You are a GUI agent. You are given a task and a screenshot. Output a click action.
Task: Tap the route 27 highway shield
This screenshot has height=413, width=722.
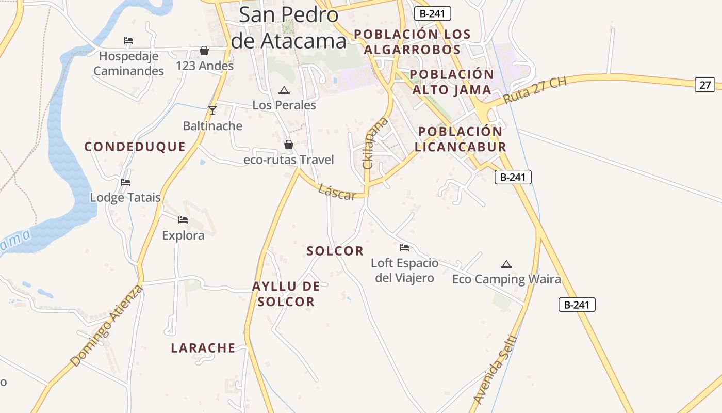tap(704, 84)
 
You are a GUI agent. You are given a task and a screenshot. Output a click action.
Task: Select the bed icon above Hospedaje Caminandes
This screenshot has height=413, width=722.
tap(128, 41)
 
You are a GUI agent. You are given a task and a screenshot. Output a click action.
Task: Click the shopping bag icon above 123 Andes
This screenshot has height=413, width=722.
tap(204, 51)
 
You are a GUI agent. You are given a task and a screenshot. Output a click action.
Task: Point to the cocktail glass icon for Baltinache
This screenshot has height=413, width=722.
tap(212, 110)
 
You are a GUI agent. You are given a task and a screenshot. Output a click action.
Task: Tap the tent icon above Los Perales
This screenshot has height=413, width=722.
tap(284, 91)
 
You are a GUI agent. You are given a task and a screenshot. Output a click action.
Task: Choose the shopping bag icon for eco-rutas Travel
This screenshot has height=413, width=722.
tap(289, 145)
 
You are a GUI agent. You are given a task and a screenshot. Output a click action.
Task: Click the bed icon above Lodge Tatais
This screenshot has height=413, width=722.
tap(125, 182)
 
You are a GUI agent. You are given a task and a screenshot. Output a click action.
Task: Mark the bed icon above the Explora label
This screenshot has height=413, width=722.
tap(183, 220)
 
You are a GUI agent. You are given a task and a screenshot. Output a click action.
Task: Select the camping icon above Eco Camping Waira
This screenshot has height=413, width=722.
tap(506, 265)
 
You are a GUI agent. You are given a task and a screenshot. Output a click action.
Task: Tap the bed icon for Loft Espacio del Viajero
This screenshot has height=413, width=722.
tap(404, 248)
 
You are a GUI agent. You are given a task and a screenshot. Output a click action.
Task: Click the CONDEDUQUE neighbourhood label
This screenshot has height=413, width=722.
tap(135, 147)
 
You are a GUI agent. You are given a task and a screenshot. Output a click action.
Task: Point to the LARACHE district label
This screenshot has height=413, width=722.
tap(203, 348)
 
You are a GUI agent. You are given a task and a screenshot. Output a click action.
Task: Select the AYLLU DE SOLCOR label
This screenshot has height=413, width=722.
tap(286, 294)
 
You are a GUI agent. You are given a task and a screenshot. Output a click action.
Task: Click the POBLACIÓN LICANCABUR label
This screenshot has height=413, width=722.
tap(461, 139)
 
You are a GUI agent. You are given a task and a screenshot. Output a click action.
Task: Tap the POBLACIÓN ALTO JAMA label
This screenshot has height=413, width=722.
tap(452, 82)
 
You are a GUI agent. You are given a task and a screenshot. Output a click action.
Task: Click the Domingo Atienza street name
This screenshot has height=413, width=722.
tap(107, 325)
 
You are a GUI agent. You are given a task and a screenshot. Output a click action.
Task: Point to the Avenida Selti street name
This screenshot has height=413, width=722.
tap(495, 370)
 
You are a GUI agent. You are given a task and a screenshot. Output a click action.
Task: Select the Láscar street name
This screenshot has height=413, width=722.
tap(337, 192)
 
